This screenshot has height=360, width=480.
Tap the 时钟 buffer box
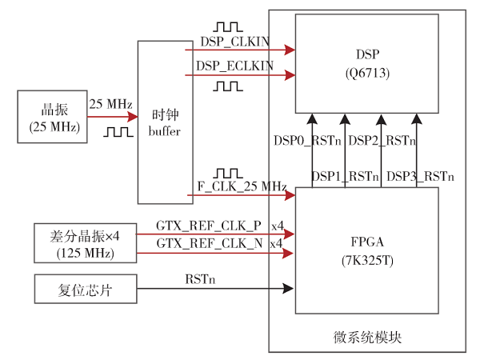pos(165,122)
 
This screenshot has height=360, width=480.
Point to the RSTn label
pos(200,280)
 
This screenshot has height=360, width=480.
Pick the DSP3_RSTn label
pos(420,176)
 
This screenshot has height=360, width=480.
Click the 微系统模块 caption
pos(366,337)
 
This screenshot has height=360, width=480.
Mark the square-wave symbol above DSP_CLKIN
pos(228,28)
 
